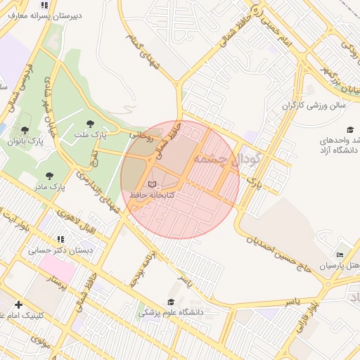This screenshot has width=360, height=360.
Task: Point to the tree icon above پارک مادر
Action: (x=49, y=176)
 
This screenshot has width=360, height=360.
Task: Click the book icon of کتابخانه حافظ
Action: (x=153, y=184)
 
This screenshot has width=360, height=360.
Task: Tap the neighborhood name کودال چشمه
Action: (x=228, y=159)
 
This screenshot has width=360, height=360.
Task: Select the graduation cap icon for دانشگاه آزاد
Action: (x=349, y=129)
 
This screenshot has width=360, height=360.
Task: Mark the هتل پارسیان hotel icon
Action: (x=340, y=255)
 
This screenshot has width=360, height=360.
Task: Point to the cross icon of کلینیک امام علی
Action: (x=18, y=304)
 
